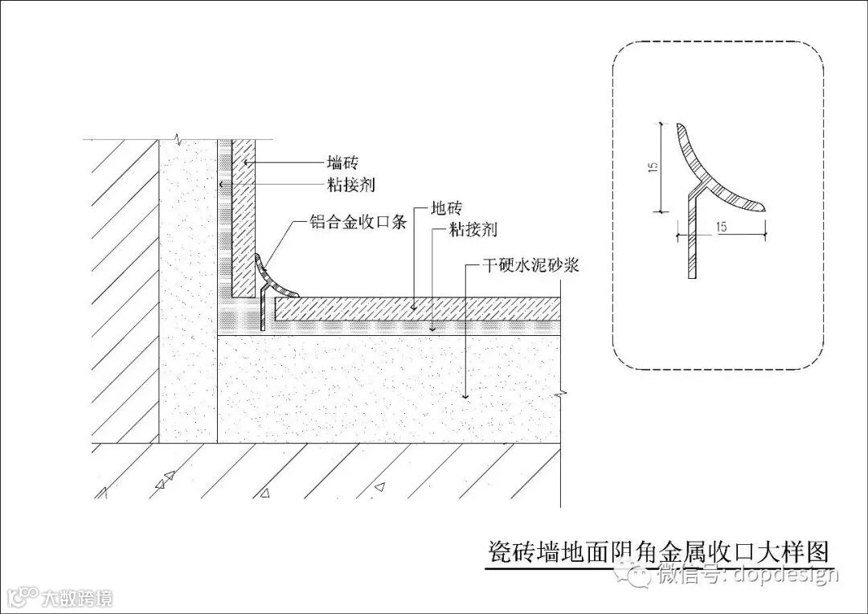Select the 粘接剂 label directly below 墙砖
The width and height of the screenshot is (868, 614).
(x=350, y=185)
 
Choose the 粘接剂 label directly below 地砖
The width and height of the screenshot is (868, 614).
(x=472, y=231)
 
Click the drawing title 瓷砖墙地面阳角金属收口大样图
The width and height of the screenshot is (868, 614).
(x=658, y=553)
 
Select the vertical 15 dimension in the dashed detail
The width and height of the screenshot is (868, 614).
(x=653, y=167)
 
